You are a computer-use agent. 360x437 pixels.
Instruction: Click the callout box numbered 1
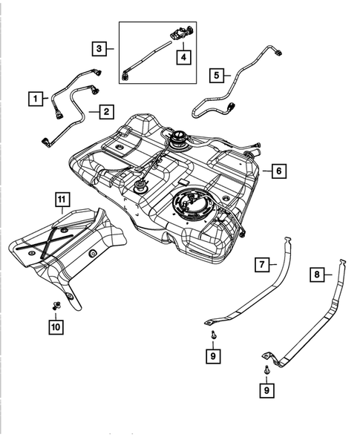click(x=33, y=97)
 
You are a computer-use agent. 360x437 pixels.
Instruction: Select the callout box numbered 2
click(x=107, y=111)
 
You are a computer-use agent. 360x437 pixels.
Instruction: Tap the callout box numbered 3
click(x=99, y=49)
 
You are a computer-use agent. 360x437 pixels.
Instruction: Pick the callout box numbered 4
click(x=180, y=55)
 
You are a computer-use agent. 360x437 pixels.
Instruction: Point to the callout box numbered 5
click(x=217, y=74)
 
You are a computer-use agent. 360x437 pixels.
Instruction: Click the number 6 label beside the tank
click(x=277, y=171)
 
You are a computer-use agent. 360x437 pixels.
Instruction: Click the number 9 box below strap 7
click(x=214, y=356)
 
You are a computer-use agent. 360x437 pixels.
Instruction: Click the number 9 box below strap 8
click(x=266, y=388)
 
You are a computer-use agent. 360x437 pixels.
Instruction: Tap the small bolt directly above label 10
click(x=57, y=305)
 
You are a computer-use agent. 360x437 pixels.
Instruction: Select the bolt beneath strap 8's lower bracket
click(x=265, y=369)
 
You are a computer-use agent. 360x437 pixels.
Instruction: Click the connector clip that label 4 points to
click(x=180, y=34)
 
